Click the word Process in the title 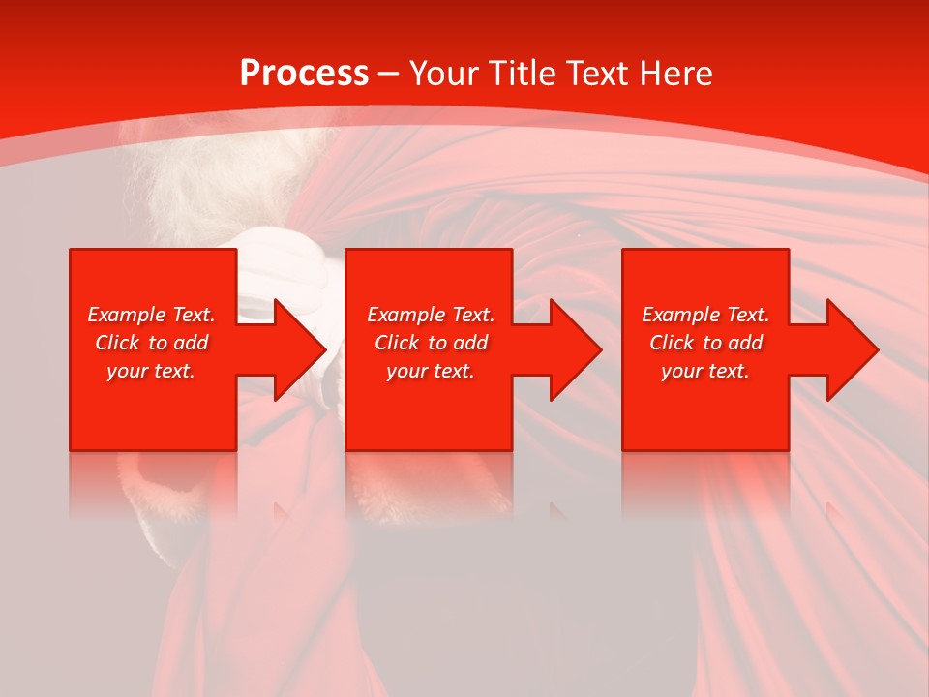coord(304,74)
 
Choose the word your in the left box coord(127,372)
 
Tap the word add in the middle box coord(471,343)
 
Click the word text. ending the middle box coord(453,372)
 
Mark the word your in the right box coord(681,372)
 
